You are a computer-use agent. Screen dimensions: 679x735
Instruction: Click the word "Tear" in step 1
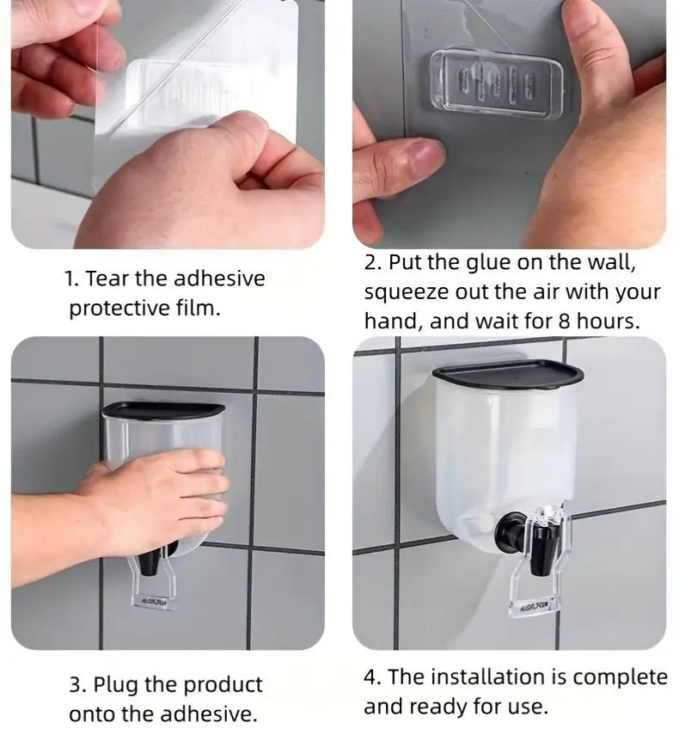coord(107,279)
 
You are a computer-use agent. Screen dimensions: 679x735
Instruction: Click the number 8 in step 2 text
coord(564,322)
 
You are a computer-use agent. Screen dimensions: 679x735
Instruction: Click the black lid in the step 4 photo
coord(508,375)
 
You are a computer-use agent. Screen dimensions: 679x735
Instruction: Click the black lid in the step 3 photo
coord(162,409)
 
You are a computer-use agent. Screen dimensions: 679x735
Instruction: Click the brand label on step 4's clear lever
coord(534,608)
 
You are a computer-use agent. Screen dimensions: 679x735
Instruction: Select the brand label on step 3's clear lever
coord(152,601)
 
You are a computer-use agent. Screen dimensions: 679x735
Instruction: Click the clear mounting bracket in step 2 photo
coord(497,81)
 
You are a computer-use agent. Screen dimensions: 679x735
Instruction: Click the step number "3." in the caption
coord(78,685)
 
